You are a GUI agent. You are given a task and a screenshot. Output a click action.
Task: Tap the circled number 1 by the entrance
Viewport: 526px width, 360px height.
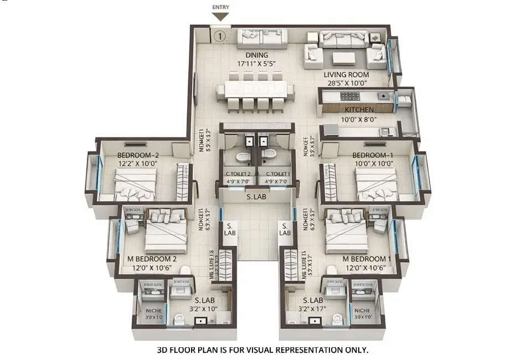point(220,37)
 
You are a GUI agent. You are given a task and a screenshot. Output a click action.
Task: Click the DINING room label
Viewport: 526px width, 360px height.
point(257,55)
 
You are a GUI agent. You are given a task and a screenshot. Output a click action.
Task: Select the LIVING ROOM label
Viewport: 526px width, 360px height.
point(347,75)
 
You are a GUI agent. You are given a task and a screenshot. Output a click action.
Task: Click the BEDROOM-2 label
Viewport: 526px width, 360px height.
point(138,155)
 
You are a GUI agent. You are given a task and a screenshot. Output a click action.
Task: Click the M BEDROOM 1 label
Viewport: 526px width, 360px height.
point(367,259)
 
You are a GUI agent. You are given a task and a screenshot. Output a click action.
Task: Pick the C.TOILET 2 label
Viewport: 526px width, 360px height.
point(238,174)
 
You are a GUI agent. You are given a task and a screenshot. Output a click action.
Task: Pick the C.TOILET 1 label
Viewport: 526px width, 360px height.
point(276,174)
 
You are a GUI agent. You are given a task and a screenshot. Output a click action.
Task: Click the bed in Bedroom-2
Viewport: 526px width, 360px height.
point(136,184)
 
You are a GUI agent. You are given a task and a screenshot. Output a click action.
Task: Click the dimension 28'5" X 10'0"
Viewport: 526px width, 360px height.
point(347,83)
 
